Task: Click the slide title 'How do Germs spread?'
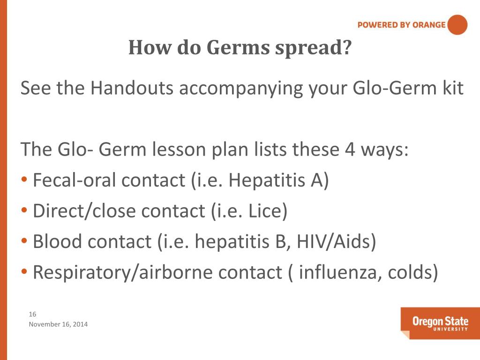pos(240,47)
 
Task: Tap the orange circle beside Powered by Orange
pos(457,25)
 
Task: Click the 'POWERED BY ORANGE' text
pos(401,25)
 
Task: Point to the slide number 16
pos(33,314)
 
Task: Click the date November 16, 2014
pos(58,324)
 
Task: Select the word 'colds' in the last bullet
pos(406,272)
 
